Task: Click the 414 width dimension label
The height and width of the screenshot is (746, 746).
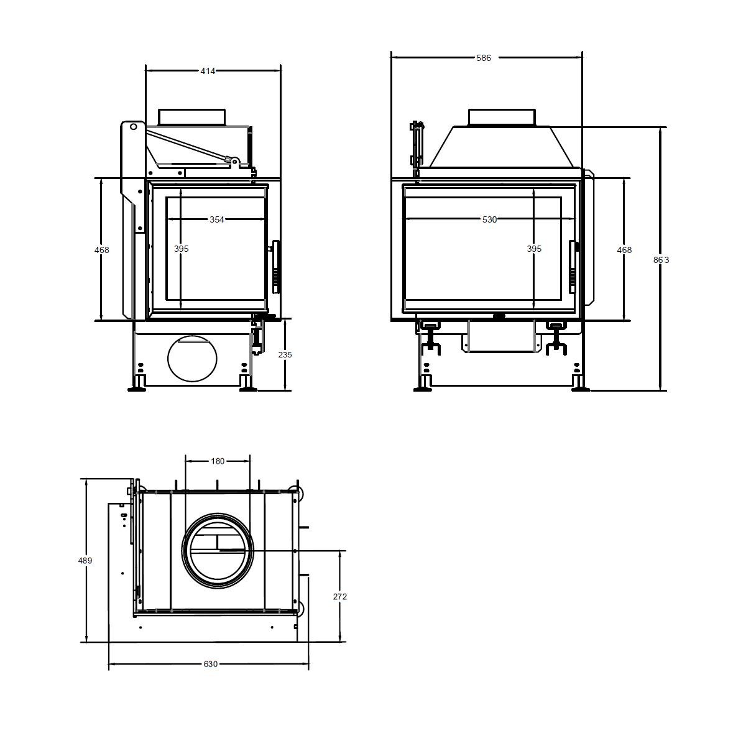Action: coord(208,71)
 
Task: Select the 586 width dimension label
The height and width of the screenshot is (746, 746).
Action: coord(484,58)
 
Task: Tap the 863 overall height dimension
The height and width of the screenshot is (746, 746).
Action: coord(661,260)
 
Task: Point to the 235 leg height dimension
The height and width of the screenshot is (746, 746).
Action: coord(285,354)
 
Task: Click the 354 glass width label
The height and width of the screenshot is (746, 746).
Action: coord(217,219)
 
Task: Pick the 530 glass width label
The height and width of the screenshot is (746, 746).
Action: coord(489,219)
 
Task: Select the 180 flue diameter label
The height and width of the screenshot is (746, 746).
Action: coord(218,461)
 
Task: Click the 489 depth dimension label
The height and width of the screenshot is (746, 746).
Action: coord(85,560)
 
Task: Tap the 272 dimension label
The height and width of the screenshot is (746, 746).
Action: coord(340,597)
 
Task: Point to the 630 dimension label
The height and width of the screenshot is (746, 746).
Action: coord(211,664)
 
